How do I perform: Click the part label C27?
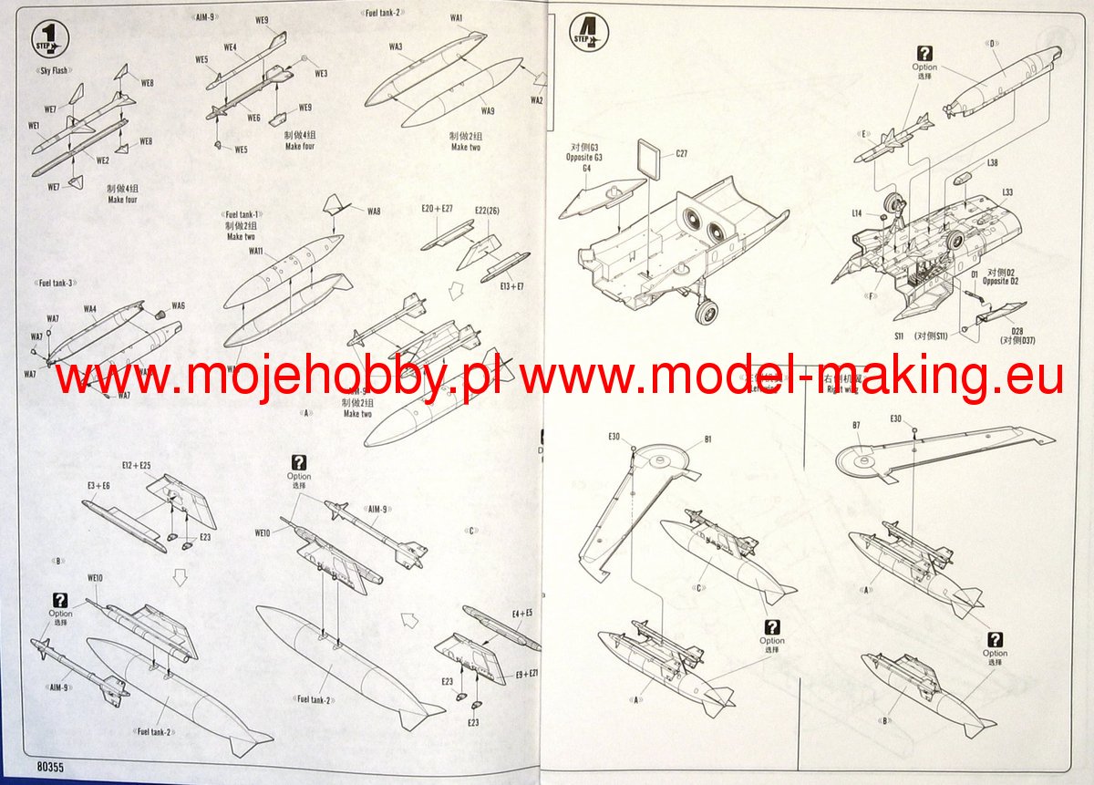coord(681,153)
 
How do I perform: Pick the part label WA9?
coord(488,111)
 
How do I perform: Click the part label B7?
coord(856,425)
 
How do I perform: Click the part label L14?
coord(857,213)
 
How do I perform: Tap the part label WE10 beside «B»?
coord(94,577)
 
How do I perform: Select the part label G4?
coord(587,168)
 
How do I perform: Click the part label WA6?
coord(178,305)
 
